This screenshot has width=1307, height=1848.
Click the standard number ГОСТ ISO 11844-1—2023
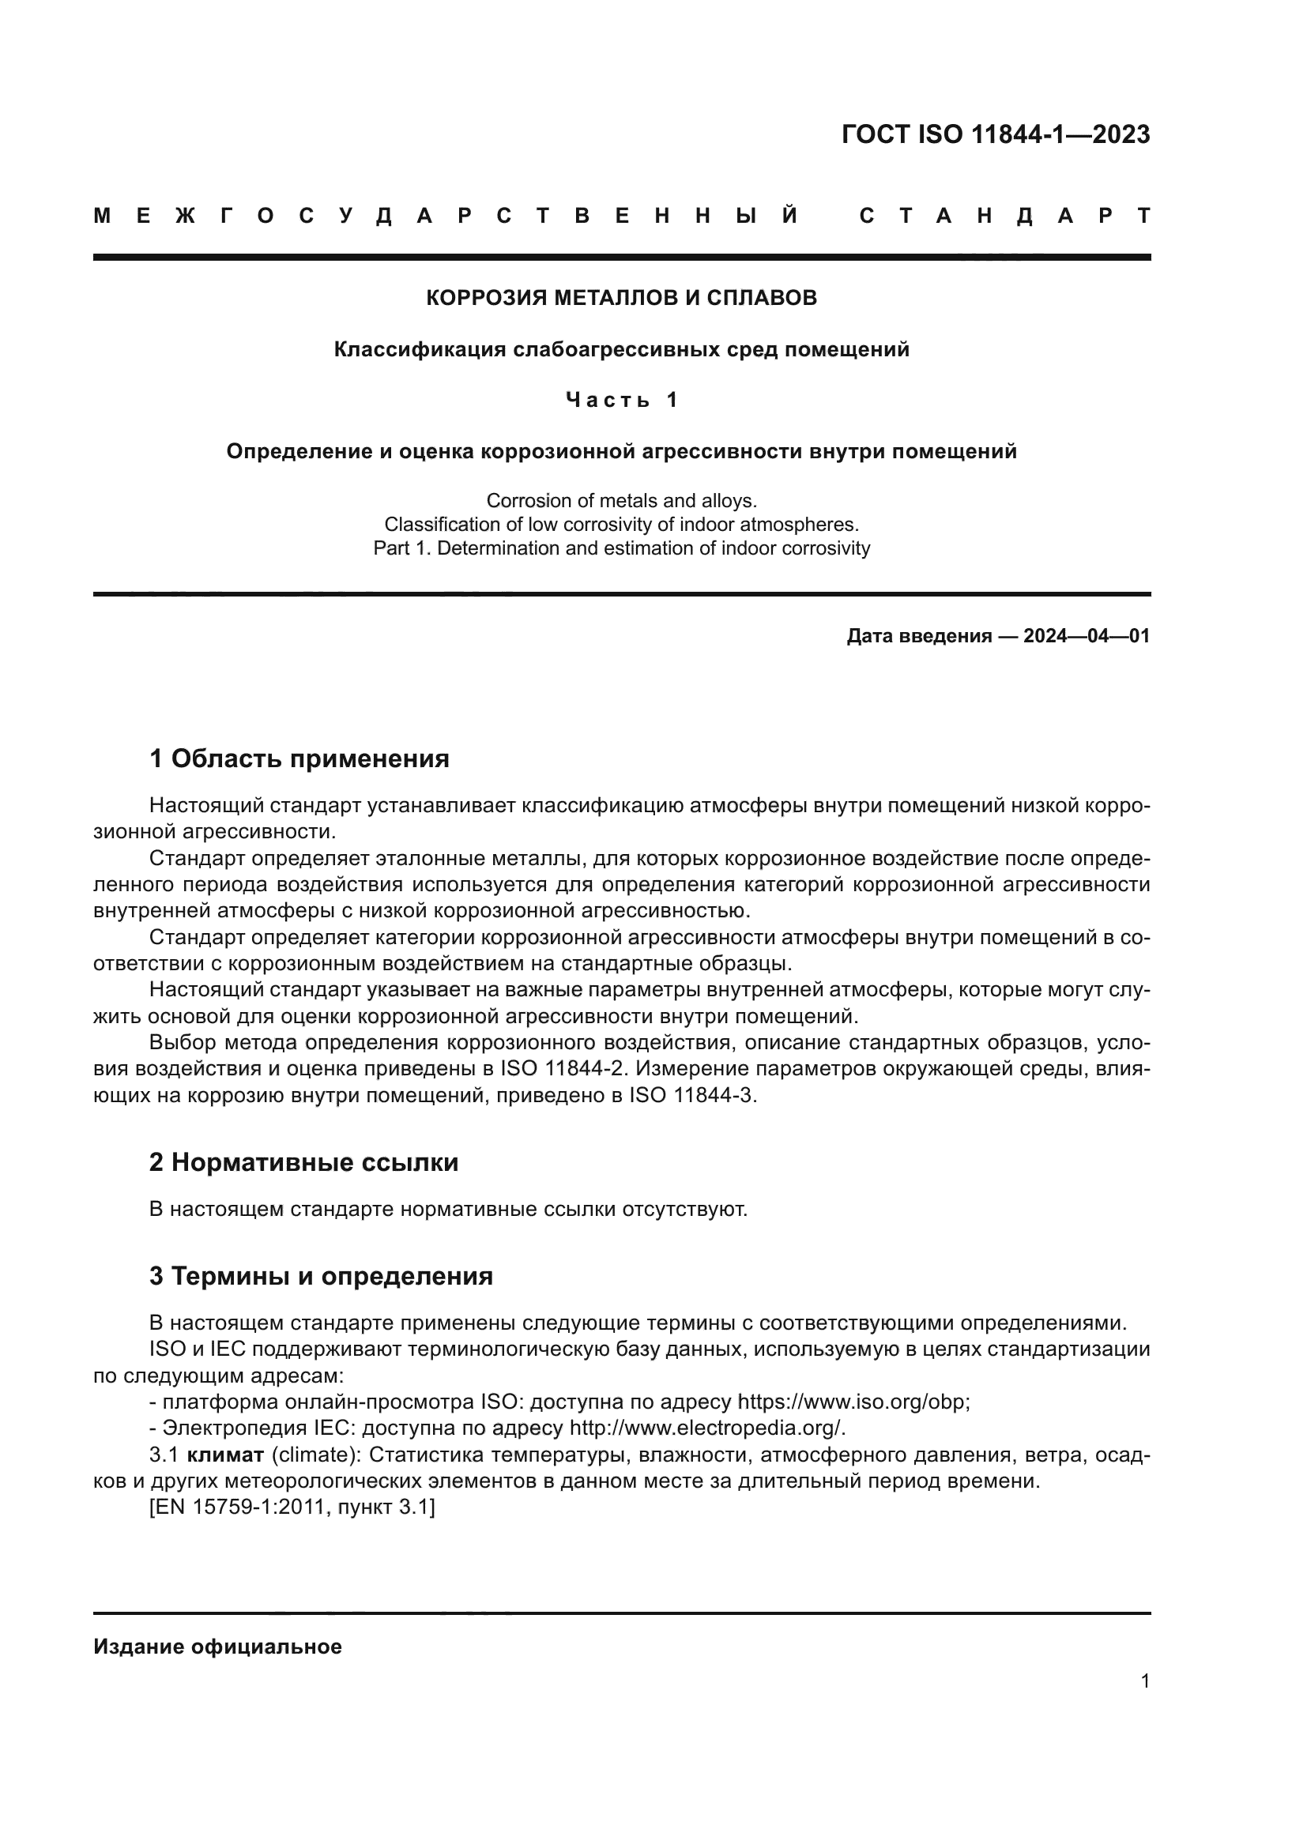coord(995,134)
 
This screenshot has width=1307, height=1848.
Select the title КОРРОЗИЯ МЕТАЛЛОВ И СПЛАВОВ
coord(621,298)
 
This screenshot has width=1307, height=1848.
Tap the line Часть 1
coord(621,400)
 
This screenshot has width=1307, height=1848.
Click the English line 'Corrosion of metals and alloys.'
coord(621,501)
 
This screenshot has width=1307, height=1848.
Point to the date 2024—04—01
coord(1086,636)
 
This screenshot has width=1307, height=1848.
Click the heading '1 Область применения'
coord(299,758)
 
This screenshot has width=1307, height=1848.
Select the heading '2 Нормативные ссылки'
coord(303,1162)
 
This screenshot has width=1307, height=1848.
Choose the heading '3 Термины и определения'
coord(320,1276)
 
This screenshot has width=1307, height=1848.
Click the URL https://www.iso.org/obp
coord(853,1402)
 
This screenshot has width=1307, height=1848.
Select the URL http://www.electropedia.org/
coord(706,1428)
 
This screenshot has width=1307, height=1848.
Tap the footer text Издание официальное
coord(217,1647)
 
